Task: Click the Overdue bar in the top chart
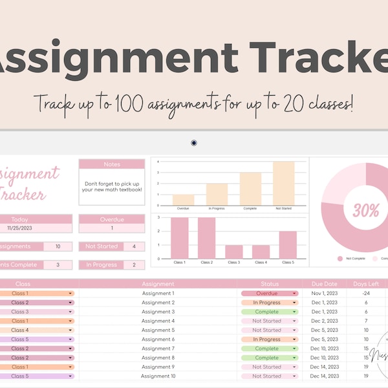(183, 200)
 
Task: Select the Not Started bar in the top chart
(283, 184)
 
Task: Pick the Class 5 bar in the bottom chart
(288, 245)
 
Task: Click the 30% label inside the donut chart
(365, 210)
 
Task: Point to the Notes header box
(112, 164)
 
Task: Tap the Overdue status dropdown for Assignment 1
(270, 294)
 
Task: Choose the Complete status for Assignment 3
(270, 312)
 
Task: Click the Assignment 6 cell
(158, 339)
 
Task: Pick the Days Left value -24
(365, 294)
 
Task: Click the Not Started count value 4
(134, 246)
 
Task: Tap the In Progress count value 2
(134, 264)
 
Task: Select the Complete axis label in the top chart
(250, 209)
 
